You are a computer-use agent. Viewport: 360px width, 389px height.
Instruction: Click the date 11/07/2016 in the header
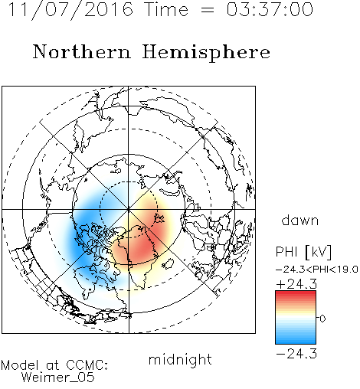[x=70, y=9]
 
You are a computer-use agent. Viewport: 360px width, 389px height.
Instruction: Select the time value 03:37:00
[x=270, y=9]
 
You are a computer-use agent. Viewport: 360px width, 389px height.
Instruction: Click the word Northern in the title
[x=82, y=52]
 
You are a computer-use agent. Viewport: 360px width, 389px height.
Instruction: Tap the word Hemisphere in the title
[x=206, y=53]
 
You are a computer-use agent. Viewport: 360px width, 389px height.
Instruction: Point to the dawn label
[x=300, y=220]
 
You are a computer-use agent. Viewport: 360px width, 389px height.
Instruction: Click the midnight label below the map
[x=180, y=360]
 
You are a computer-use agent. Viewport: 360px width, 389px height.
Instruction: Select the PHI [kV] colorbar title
[x=303, y=252]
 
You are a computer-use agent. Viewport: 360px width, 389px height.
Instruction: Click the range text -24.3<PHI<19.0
[x=317, y=270]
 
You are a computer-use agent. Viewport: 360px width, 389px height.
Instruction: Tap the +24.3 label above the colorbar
[x=296, y=284]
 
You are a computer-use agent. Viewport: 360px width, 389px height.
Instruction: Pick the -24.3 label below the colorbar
[x=296, y=354]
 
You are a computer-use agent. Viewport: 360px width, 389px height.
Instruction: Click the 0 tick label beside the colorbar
[x=322, y=319]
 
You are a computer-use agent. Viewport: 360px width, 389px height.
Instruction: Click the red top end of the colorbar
[x=296, y=293]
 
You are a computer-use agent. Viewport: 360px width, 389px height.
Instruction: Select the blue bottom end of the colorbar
[x=296, y=342]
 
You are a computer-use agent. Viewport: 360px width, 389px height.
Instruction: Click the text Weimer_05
[x=58, y=378]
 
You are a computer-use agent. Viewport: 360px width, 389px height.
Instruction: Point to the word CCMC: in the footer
[x=87, y=365]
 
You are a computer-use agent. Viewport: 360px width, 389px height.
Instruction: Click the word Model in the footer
[x=20, y=365]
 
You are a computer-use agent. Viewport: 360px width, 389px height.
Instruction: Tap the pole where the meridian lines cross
[x=129, y=209]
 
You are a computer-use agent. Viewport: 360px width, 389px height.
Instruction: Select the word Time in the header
[x=166, y=9]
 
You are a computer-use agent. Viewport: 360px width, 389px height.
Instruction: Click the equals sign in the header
[x=208, y=10]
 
